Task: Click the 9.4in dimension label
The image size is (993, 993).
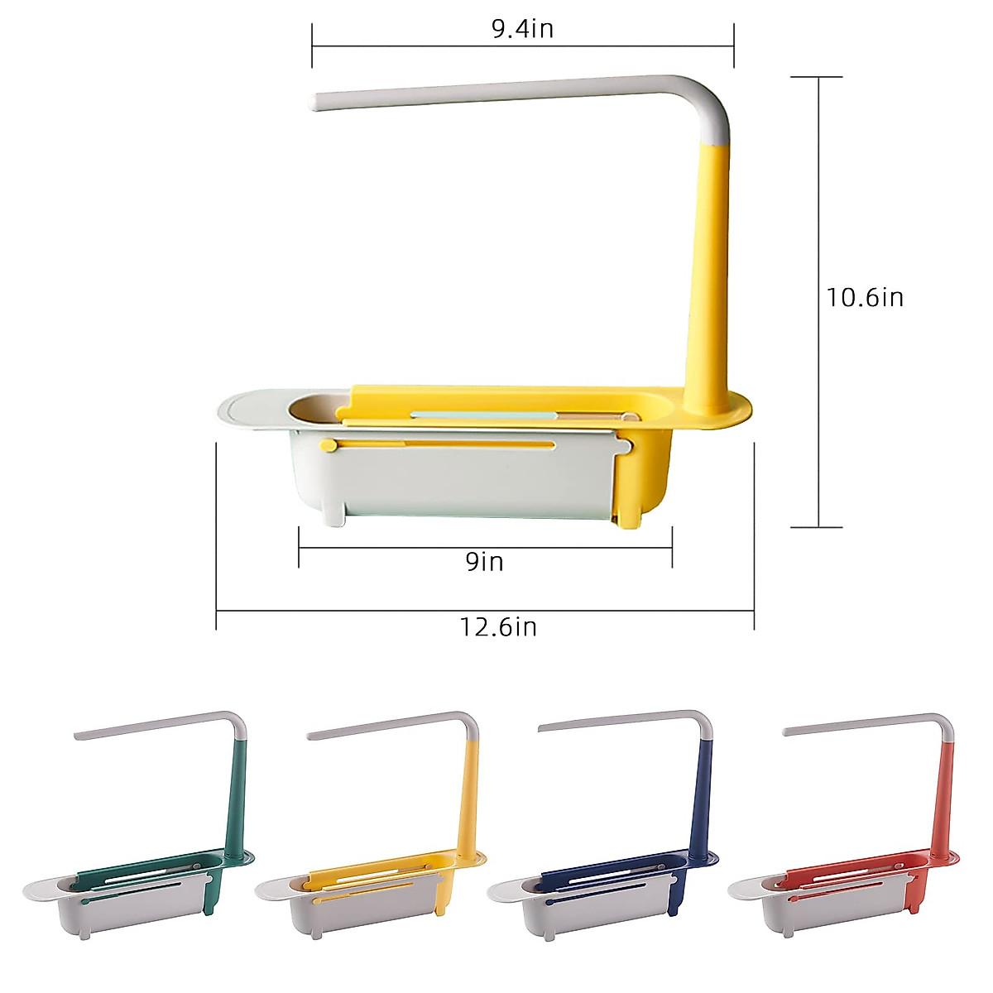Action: coord(522,29)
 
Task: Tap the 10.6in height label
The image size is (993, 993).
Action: coord(865,297)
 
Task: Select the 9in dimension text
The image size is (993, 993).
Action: coord(484,562)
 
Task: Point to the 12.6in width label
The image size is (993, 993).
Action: coord(498,627)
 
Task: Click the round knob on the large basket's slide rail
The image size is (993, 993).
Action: coord(329,446)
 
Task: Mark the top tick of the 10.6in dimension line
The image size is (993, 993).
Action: coord(818,77)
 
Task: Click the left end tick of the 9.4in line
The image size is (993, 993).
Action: coord(312,46)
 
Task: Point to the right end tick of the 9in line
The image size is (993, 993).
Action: coord(672,547)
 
